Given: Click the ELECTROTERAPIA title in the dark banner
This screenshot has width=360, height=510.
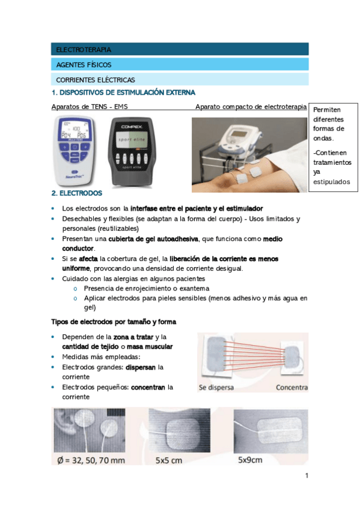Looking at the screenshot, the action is pos(84,50).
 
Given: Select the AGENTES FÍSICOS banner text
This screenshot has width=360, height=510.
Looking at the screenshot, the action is pos(84,65).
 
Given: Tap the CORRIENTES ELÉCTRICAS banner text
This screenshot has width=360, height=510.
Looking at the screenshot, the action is pos(96,79).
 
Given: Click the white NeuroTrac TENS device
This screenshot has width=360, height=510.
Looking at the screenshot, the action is pos(75,150).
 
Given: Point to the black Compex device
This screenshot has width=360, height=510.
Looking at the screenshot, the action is pos(131,152).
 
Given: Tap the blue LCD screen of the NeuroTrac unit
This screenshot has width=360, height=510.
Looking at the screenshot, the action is pos(75,130).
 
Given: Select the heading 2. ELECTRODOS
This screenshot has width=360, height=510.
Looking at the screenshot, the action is pos(77,193).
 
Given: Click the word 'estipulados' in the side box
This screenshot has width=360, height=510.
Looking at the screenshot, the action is pos(331,182).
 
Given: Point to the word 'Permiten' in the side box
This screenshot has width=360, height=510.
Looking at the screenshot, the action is pos(326,110).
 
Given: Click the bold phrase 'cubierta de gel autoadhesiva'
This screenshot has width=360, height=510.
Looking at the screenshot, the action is pos(153,239).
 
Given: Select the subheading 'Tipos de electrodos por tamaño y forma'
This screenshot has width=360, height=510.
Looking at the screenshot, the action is pos(114,322).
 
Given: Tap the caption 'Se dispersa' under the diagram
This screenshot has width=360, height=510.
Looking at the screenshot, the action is pos(216,388).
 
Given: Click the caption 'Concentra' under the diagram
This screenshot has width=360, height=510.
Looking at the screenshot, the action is pos(291,387).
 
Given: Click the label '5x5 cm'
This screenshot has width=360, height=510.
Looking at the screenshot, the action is pos(169,461).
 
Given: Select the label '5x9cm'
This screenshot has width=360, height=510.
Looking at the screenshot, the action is pos(250,460).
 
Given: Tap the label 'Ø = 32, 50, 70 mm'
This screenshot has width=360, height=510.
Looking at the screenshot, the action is pos(91,461).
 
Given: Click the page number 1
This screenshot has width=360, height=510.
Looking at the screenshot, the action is pos(307,476).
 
